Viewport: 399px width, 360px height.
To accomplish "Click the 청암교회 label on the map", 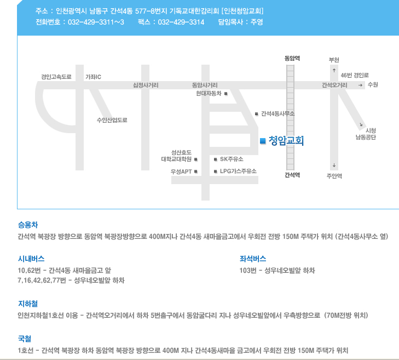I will point(286,141).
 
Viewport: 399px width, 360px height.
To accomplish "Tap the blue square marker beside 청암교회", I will point(262,141).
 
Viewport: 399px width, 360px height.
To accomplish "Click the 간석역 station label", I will point(292,175).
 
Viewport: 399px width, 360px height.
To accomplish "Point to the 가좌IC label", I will point(93,77).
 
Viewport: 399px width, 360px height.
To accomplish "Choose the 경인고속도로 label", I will point(56,77).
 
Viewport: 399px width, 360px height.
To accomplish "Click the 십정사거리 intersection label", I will point(146,85).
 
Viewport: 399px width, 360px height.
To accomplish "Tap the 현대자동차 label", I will point(209,94).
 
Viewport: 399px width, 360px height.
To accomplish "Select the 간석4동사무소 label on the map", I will point(278,113).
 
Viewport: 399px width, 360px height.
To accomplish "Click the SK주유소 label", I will point(232,159).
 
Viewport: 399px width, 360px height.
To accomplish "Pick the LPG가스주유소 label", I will point(238,171).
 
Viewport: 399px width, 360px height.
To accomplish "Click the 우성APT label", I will point(181,172).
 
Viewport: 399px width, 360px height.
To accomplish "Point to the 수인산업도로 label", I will point(112,119).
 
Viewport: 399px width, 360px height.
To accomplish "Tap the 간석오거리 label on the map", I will point(334,85).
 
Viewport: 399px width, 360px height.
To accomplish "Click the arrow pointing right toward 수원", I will point(361,85).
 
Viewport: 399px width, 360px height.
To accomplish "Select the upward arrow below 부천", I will point(334,70).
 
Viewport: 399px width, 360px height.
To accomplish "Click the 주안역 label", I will point(334,176).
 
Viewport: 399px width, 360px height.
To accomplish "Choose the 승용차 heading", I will point(28,225).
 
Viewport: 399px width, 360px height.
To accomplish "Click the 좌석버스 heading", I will point(253,259).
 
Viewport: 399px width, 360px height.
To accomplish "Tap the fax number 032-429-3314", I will point(181,22).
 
